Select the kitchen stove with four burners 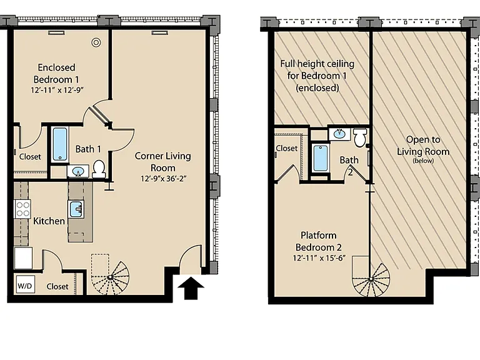(22, 209)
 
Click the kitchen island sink (76, 209)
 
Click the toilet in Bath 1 (99, 169)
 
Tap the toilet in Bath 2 (360, 137)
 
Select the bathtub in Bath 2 (321, 158)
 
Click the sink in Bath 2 (339, 134)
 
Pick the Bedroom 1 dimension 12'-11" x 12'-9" (57, 90)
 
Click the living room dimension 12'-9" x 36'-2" (164, 179)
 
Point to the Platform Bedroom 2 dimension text (319, 258)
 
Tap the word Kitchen (49, 221)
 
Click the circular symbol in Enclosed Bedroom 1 (96, 42)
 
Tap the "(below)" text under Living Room (423, 161)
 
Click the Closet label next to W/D (57, 286)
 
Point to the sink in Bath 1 (78, 171)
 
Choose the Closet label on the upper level (286, 149)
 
